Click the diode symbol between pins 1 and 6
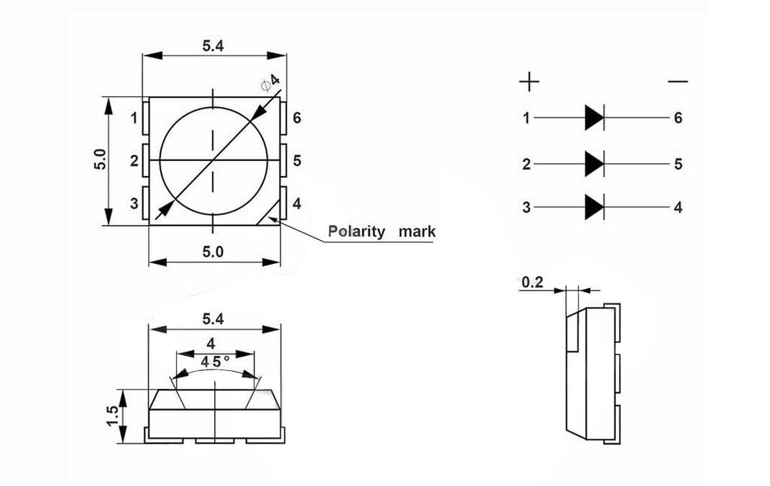point(594,117)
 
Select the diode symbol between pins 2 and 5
point(594,163)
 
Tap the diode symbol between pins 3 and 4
point(594,207)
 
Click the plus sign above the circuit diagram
point(529,81)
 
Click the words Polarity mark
point(381,232)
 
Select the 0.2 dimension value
point(532,282)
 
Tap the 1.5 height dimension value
point(112,415)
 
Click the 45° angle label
point(214,362)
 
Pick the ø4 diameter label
point(270,82)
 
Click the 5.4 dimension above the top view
point(213,46)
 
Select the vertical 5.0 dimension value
point(100,160)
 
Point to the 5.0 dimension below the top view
point(213,252)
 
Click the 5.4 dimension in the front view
point(213,319)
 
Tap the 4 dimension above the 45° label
point(211,344)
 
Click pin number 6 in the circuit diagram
point(678,118)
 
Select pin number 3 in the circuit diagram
point(526,208)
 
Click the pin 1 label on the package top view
point(134,118)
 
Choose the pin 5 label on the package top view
point(297,160)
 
